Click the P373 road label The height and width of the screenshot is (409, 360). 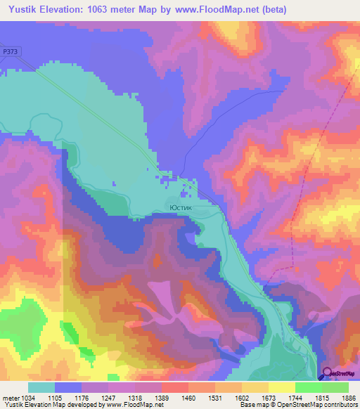coord(10,51)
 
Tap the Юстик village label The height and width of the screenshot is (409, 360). coord(180,208)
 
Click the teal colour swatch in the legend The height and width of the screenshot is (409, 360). coord(41,387)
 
